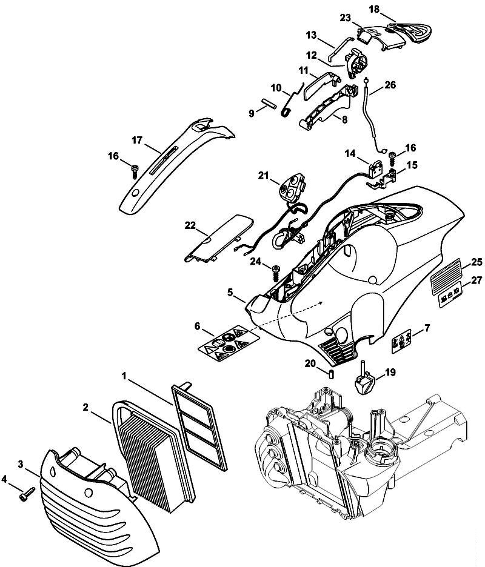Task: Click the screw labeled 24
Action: click(276, 270)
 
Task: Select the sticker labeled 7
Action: click(402, 340)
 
